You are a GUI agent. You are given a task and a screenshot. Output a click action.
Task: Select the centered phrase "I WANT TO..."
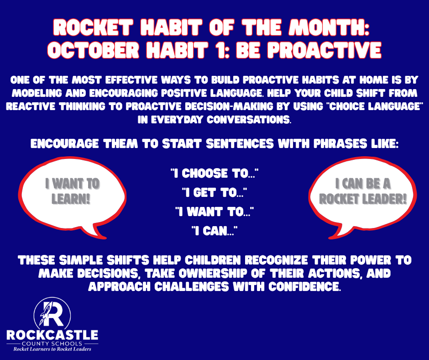[x=214, y=212]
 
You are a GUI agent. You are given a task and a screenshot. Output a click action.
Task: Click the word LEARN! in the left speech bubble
[x=72, y=200]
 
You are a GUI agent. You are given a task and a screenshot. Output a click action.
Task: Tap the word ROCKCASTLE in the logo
[x=52, y=335]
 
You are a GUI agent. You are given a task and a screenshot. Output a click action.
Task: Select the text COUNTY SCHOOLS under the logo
[x=52, y=343]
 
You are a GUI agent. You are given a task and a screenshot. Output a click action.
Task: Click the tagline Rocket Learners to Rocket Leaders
[x=52, y=349]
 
